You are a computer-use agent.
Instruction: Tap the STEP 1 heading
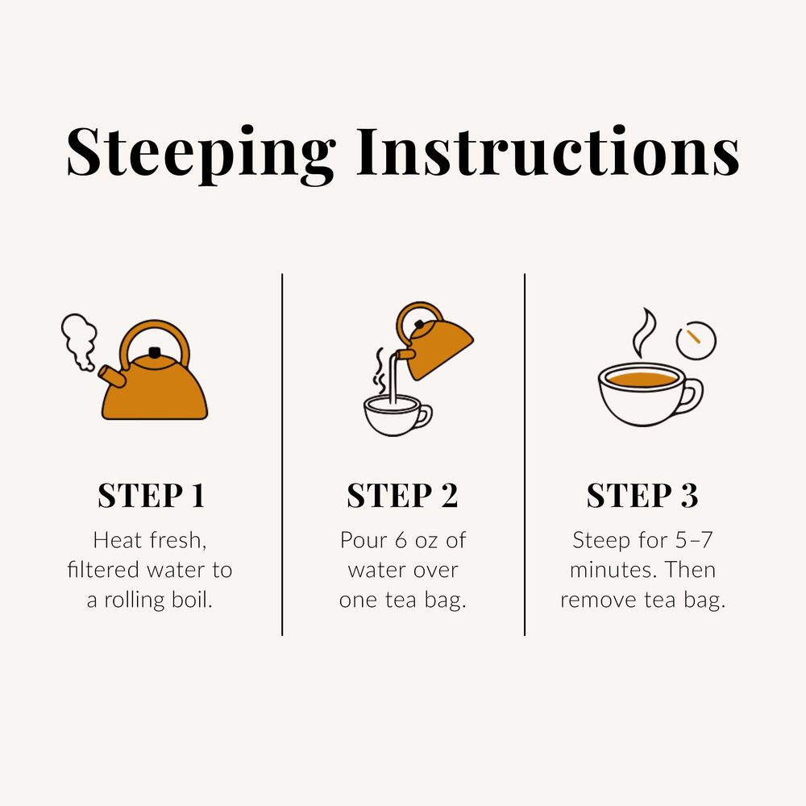151,496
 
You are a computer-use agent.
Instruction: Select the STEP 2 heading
402,496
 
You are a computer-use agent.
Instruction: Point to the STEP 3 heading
642,496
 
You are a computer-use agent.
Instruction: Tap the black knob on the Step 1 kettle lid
155,352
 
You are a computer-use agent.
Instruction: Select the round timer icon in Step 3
696,341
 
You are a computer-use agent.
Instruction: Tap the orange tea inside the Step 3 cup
641,378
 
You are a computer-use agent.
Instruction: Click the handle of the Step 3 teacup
692,395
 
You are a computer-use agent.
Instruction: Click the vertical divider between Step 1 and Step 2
282,455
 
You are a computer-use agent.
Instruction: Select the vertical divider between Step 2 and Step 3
525,455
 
